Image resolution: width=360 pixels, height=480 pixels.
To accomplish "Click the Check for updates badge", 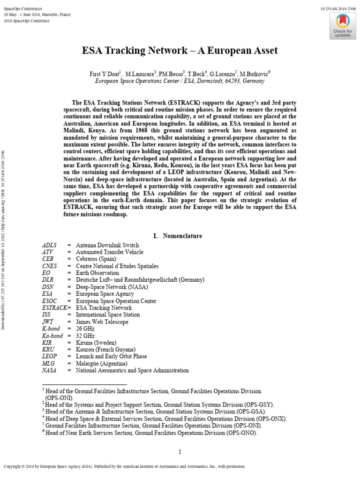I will [x=342, y=26].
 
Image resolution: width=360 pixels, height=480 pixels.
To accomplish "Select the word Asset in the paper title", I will [x=262, y=51].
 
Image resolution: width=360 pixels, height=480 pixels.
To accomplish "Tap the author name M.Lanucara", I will [x=140, y=74].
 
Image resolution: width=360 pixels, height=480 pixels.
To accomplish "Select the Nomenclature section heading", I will [x=182, y=236].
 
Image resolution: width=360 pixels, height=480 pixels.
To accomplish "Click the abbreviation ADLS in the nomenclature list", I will [x=49, y=245].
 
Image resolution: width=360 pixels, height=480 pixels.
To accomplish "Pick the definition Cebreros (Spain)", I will [x=96, y=259].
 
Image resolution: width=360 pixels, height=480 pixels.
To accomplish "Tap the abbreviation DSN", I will [x=48, y=287].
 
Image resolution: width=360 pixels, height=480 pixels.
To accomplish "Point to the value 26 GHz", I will [x=85, y=329].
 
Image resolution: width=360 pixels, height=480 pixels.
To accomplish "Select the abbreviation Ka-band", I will [x=52, y=336].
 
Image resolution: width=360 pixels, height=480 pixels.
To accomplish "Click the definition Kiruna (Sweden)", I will [x=96, y=343].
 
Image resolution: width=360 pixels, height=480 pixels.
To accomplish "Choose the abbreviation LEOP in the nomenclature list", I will [x=50, y=357].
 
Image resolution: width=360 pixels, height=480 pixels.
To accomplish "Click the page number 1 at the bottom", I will [x=180, y=452].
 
